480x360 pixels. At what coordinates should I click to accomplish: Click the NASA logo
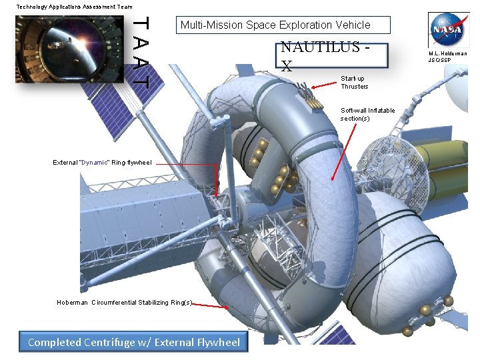(449, 29)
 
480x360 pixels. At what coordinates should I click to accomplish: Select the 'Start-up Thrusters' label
(354, 82)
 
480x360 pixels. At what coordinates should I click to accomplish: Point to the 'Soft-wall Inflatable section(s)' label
(367, 114)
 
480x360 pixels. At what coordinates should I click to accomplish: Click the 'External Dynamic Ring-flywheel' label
(103, 162)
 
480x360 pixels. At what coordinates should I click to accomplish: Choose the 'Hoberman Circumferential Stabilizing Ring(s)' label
(125, 302)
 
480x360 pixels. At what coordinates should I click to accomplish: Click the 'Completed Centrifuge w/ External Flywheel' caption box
(133, 342)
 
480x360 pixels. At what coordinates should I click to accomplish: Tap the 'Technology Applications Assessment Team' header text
(74, 6)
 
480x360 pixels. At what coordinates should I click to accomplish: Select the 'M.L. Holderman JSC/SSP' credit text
(448, 57)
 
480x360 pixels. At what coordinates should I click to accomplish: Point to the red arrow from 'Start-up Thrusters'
(324, 85)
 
